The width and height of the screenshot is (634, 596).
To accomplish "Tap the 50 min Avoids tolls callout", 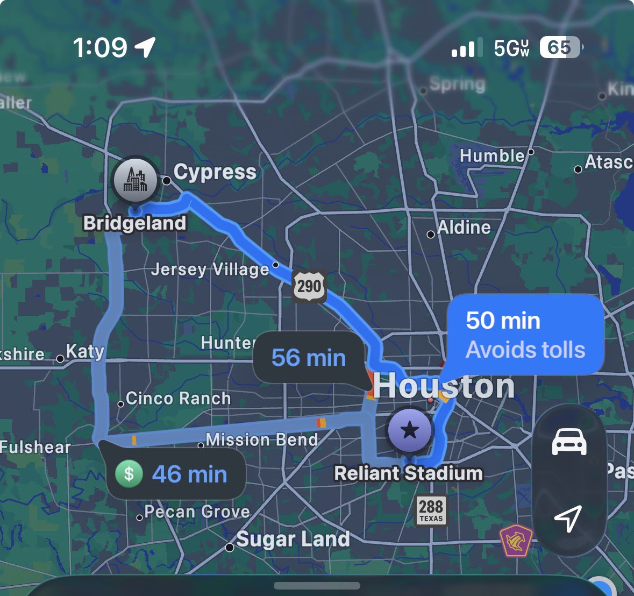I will (x=525, y=335).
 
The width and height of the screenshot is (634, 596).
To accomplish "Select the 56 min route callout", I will (x=309, y=358).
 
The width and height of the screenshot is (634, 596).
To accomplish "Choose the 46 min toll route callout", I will (x=177, y=474).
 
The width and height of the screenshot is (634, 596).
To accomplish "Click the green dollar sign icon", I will (x=129, y=474).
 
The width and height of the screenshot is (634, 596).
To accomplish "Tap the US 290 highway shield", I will (x=309, y=286).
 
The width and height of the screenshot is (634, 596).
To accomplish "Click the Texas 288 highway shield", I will (x=431, y=510).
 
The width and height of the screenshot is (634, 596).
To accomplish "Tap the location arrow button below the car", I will (x=568, y=518).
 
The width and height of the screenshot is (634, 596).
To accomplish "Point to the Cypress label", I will (x=215, y=172).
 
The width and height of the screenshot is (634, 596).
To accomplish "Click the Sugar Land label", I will (x=293, y=539).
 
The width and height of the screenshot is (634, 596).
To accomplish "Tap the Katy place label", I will (x=84, y=352).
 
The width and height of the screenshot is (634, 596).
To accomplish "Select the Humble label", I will (x=492, y=156).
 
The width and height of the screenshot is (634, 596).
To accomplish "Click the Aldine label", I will (x=464, y=228).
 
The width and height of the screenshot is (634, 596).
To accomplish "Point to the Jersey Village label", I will (x=210, y=269).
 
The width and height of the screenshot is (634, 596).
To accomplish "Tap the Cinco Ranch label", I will (x=178, y=399).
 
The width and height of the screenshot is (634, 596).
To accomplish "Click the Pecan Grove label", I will (x=197, y=512).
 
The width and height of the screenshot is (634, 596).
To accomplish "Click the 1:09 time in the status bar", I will (x=100, y=48).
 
